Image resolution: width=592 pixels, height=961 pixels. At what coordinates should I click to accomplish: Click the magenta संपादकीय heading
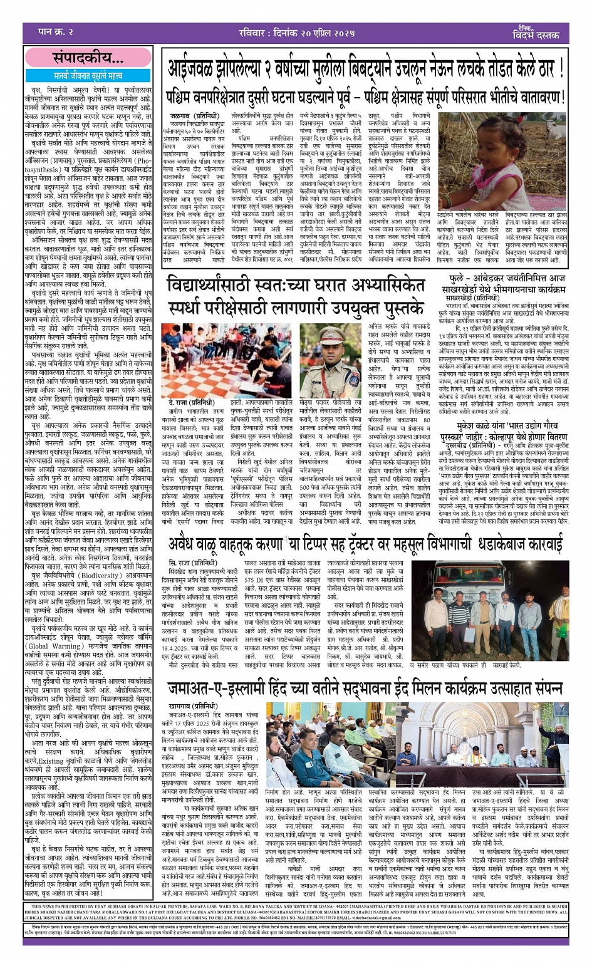(x=88, y=58)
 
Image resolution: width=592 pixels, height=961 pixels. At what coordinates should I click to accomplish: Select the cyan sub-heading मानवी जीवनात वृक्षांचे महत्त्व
(x=88, y=76)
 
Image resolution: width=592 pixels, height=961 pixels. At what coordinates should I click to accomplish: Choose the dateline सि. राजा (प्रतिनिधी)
(x=194, y=563)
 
